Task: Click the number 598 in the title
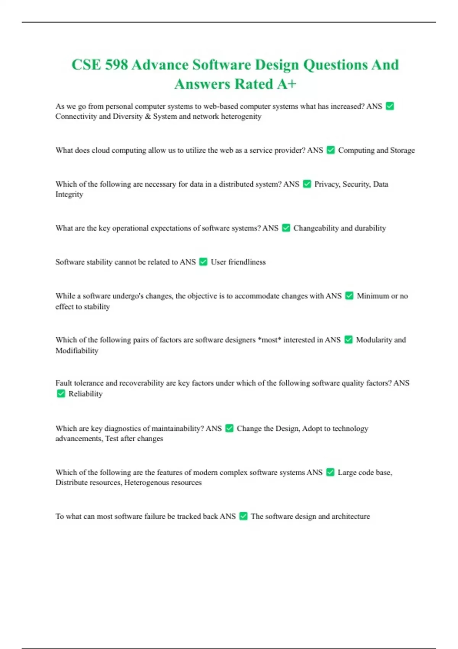tap(116, 65)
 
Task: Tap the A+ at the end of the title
tap(287, 84)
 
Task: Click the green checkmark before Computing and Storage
tap(331, 150)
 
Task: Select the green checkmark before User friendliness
tap(203, 262)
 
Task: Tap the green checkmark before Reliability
tap(61, 394)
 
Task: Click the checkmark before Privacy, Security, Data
tap(307, 184)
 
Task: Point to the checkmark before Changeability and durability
tap(286, 228)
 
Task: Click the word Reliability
tap(85, 394)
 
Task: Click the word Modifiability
tap(77, 350)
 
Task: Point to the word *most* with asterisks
tap(269, 340)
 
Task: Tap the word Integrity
tap(69, 194)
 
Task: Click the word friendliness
tap(247, 262)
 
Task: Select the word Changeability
tap(316, 228)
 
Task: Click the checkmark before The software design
tap(244, 516)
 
